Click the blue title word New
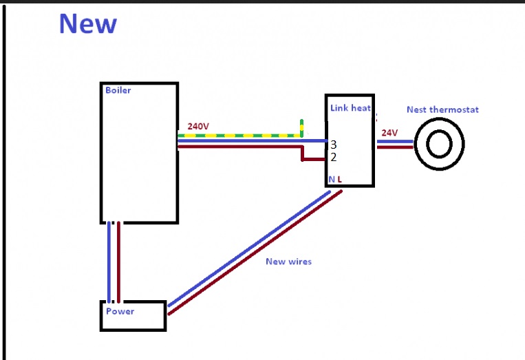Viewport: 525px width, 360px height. coord(88,23)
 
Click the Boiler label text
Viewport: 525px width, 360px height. coord(118,90)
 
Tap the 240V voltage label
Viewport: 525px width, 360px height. coord(198,126)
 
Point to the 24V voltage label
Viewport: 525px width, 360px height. coord(389,133)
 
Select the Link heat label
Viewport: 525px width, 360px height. coord(350,108)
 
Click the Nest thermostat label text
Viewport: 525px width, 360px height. coord(442,109)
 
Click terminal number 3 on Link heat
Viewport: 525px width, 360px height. coord(333,145)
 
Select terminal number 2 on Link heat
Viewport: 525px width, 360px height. coord(333,157)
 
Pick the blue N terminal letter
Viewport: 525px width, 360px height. coord(332,180)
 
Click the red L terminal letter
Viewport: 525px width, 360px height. coord(339,180)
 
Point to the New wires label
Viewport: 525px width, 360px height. coord(288,262)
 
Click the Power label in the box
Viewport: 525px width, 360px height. coord(120,311)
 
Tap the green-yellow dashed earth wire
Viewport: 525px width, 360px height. coord(239,136)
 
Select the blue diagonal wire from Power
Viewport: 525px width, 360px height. coord(249,248)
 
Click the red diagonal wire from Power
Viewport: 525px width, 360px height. coord(255,253)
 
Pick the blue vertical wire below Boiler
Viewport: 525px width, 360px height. coord(109,262)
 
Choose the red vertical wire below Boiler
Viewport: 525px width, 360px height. coord(118,262)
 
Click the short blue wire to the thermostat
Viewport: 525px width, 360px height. coord(395,142)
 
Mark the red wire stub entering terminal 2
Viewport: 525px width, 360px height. coord(314,160)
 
